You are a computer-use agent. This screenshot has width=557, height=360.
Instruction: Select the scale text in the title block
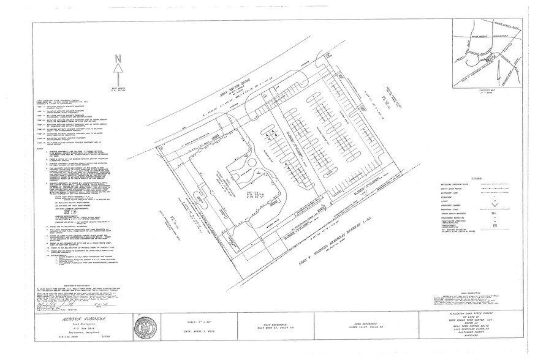209,323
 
